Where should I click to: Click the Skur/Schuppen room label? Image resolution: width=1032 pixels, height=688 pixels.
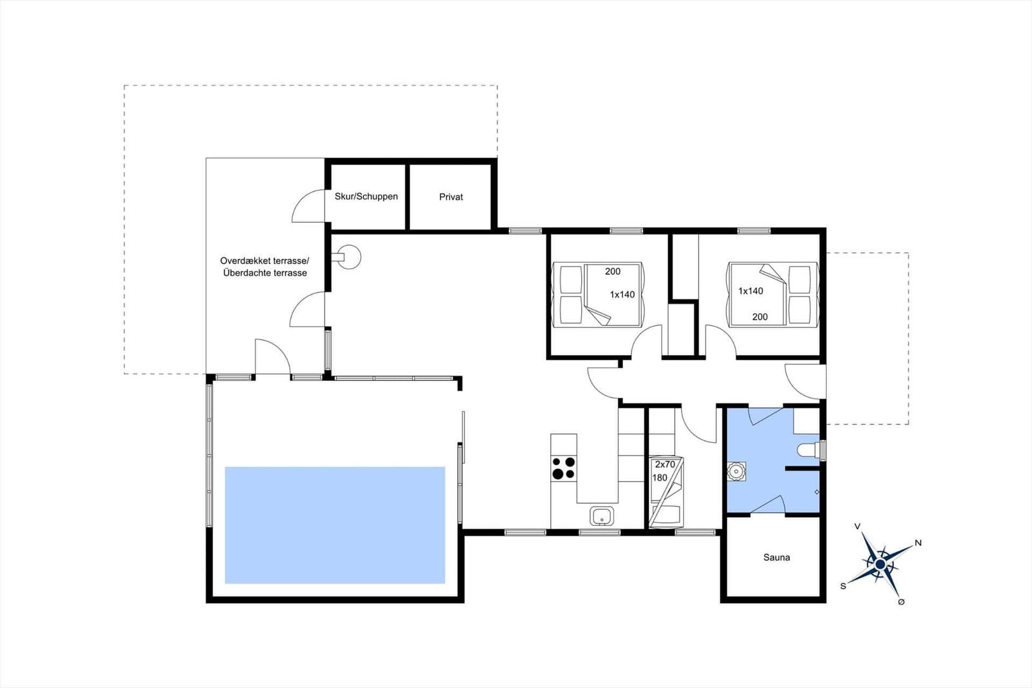(x=366, y=196)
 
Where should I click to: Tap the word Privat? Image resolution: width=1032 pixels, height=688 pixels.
(x=451, y=197)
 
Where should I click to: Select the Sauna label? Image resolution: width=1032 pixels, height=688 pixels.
(x=777, y=558)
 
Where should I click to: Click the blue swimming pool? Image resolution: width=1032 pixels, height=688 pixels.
(x=335, y=525)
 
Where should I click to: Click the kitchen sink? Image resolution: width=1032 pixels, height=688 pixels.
(x=602, y=516)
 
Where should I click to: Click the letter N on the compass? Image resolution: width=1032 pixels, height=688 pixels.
(x=918, y=543)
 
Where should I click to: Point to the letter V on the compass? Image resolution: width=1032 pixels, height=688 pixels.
(x=857, y=526)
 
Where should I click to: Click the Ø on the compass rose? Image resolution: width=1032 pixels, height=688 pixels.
(x=901, y=602)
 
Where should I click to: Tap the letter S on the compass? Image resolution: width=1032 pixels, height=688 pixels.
(x=843, y=586)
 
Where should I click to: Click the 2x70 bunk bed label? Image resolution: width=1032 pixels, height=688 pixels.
(x=665, y=464)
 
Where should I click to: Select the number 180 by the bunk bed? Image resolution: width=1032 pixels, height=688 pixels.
(x=660, y=478)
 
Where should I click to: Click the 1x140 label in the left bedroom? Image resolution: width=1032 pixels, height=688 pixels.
(x=622, y=295)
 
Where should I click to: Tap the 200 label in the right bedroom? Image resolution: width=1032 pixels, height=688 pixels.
(x=760, y=317)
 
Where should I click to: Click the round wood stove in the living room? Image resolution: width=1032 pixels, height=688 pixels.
(x=349, y=257)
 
